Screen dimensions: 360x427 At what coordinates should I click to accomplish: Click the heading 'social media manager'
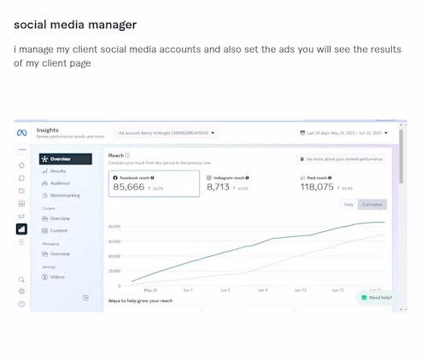75,25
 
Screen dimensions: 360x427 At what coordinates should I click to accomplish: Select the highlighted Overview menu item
65,159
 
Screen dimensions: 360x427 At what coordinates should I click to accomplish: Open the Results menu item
58,171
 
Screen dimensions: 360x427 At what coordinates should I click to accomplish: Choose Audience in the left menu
60,183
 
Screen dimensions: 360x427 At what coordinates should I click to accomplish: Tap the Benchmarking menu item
65,195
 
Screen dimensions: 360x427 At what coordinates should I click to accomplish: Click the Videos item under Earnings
57,277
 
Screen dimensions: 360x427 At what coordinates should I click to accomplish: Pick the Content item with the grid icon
58,230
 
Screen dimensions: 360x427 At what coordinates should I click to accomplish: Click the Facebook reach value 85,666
130,187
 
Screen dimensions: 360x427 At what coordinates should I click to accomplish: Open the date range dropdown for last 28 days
344,133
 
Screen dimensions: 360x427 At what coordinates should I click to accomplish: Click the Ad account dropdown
167,133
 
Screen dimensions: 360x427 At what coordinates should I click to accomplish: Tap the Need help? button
376,298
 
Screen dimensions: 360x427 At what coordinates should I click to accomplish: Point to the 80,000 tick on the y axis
114,227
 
